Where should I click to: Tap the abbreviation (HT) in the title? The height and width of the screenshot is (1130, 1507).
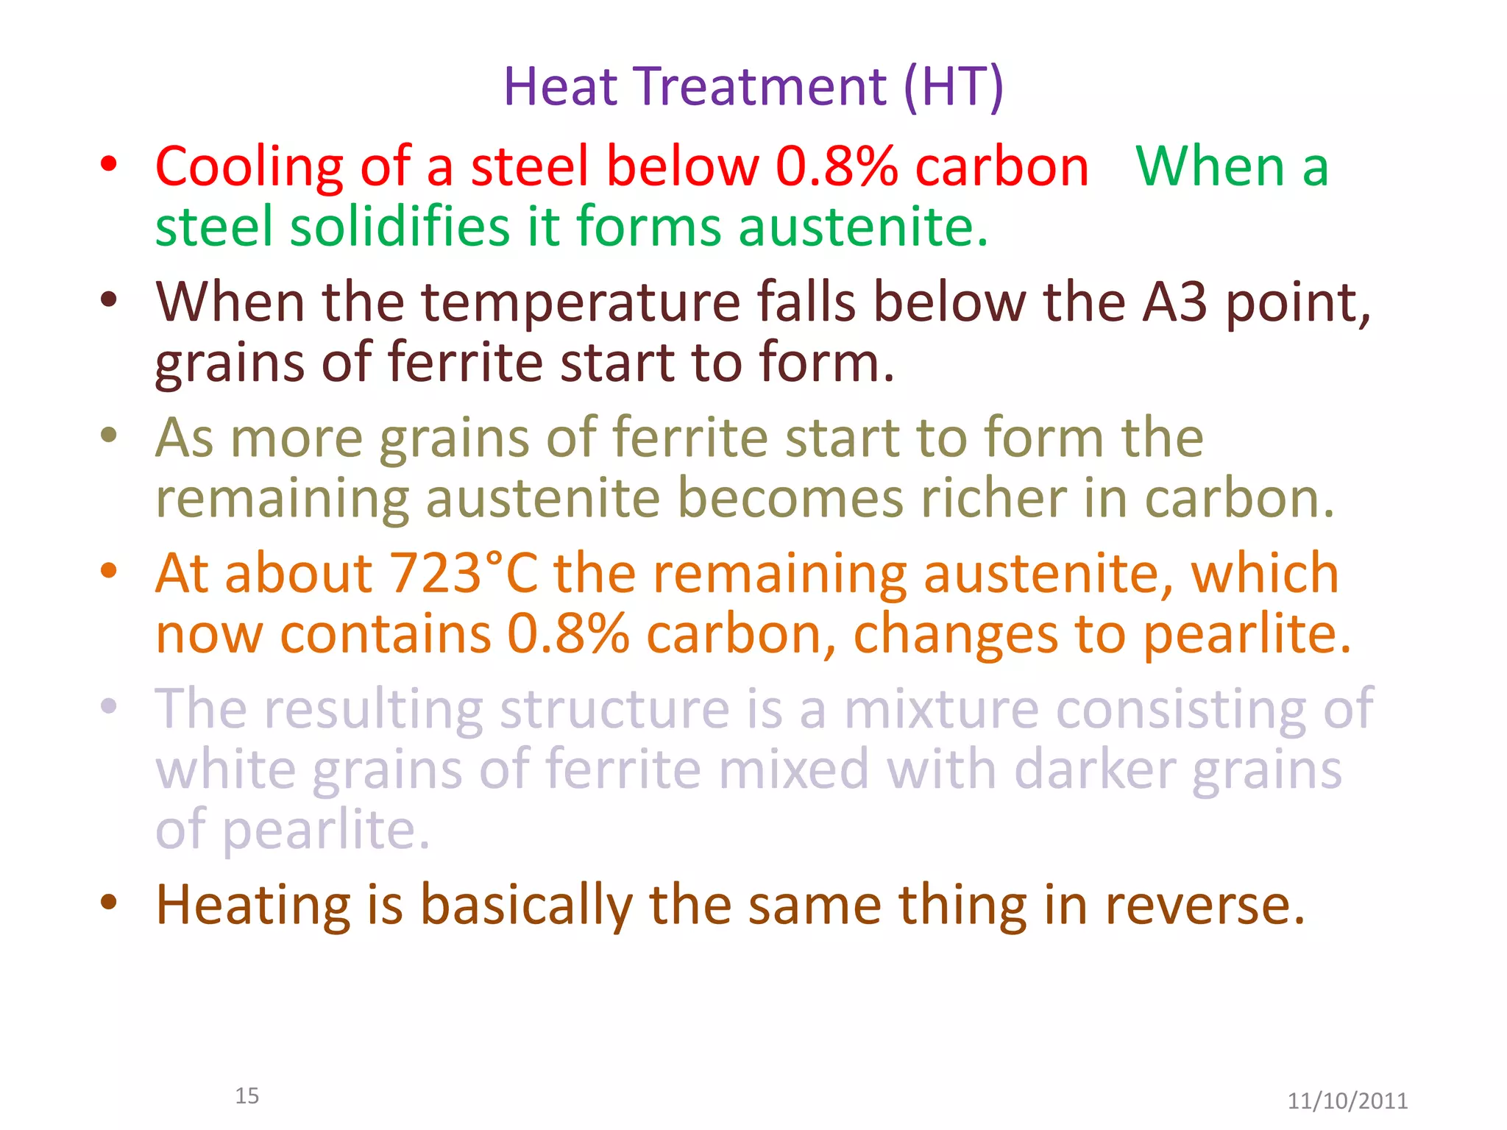tap(953, 87)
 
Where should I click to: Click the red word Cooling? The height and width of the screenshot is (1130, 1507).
tap(249, 167)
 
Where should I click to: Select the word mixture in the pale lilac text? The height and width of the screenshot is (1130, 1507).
tap(940, 708)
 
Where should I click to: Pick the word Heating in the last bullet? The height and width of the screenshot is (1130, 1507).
tap(253, 905)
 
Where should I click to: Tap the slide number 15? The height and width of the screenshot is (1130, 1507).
tap(247, 1096)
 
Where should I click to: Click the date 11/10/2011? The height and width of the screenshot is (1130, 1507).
tap(1347, 1101)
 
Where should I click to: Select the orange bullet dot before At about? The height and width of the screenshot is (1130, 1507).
tap(109, 571)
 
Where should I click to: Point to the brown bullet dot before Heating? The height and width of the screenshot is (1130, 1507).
tap(109, 903)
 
